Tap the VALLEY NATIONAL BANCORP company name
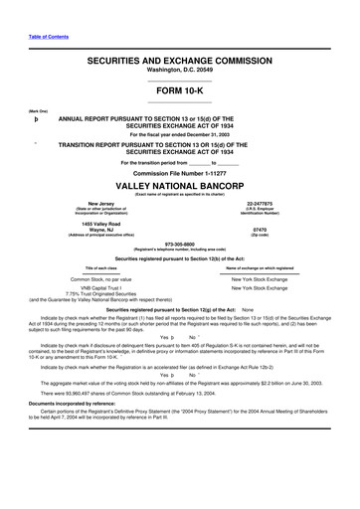[x=180, y=186]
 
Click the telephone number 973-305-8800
[x=180, y=242]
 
